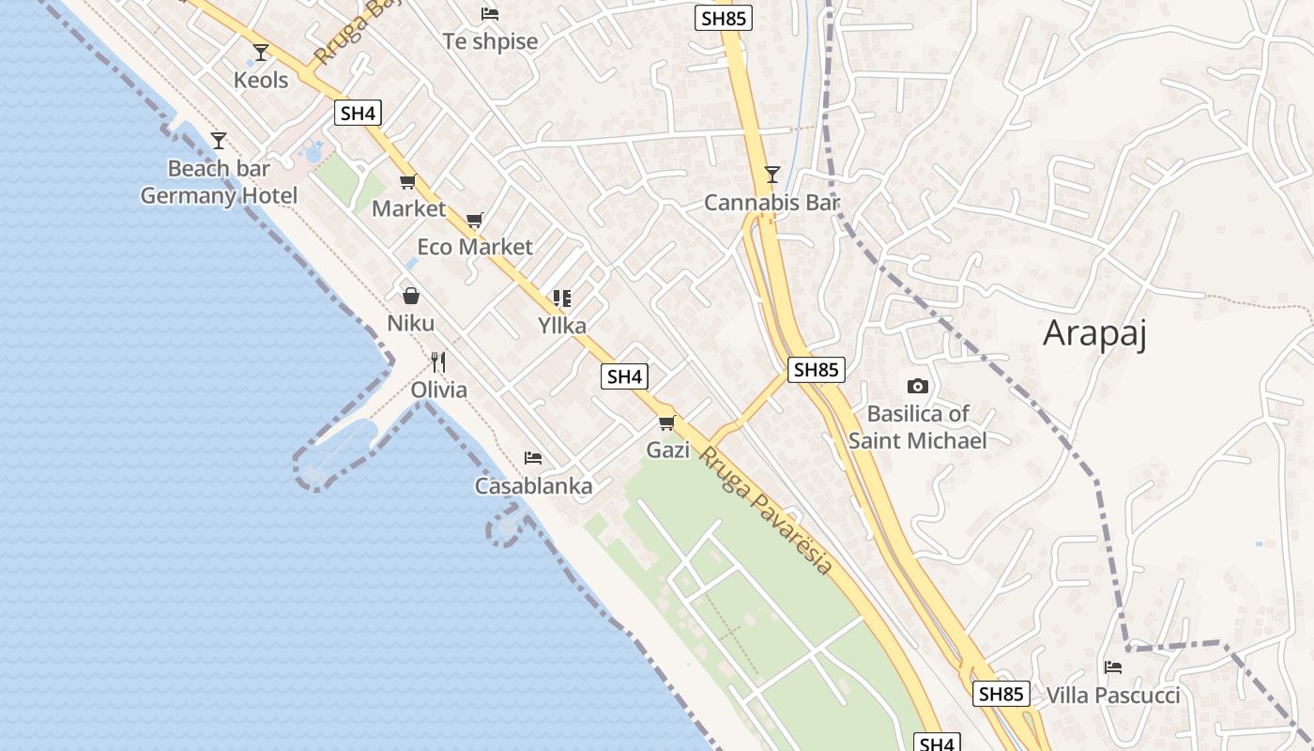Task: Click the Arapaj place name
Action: tap(1095, 333)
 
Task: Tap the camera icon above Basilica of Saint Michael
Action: tap(918, 386)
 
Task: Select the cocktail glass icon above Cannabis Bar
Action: tap(772, 174)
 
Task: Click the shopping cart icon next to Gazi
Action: tap(666, 422)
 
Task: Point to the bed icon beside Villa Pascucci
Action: tap(1113, 667)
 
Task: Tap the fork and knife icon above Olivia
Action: tap(438, 361)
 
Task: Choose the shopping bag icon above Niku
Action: tap(410, 296)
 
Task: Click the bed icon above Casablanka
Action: tap(533, 458)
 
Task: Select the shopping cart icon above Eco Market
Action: tap(475, 220)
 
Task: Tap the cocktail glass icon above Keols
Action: tap(261, 53)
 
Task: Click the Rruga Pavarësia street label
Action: tap(767, 511)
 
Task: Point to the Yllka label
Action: tap(562, 326)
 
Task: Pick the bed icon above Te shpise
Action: tap(490, 14)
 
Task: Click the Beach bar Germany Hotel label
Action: tap(219, 182)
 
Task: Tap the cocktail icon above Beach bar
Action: tap(219, 141)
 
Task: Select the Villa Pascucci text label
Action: tap(1112, 696)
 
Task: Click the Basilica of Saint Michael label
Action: tap(918, 427)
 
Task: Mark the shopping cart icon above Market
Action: tap(407, 182)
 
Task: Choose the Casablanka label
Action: tap(533, 486)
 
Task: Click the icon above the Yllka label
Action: tap(562, 299)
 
